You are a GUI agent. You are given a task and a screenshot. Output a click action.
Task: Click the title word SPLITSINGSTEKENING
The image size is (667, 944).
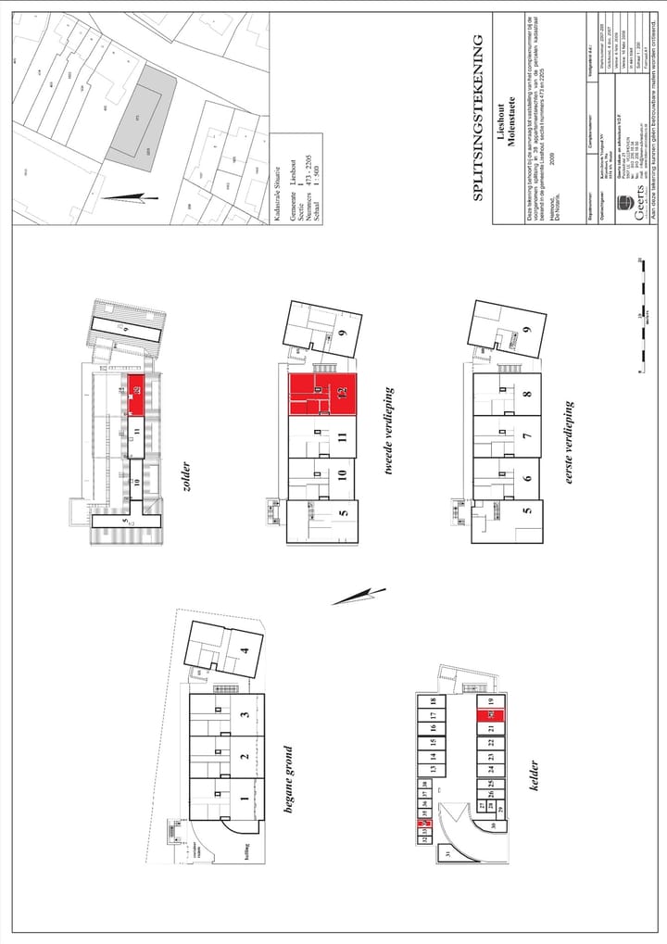point(479,118)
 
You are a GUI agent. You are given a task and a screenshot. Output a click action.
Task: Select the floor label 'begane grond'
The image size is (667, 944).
point(287,781)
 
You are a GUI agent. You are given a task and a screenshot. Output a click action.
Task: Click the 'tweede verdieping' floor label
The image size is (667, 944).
point(390,433)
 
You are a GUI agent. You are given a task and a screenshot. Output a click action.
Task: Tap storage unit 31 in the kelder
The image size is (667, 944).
point(447,854)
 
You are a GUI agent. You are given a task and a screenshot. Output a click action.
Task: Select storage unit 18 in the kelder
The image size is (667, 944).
point(433,702)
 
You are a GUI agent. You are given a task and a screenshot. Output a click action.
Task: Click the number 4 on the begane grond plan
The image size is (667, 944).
point(245,651)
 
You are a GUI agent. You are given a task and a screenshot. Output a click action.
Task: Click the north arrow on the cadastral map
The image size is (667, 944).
point(125,195)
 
